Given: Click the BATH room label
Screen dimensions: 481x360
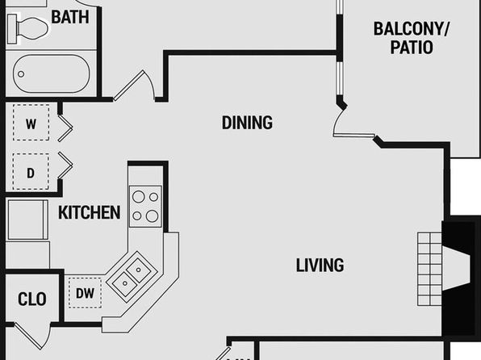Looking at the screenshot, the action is [x=70, y=17].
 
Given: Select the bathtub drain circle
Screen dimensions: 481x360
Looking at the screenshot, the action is [x=21, y=74].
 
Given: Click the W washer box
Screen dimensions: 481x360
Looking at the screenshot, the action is [x=31, y=123].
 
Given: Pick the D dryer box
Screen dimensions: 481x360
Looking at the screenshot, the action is [x=31, y=172].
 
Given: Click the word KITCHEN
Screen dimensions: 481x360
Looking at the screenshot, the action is [x=90, y=212].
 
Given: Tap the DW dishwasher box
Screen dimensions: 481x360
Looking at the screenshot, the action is [x=85, y=293].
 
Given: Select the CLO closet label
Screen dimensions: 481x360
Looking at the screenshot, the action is [x=32, y=299].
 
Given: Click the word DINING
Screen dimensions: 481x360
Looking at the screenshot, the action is [x=247, y=123].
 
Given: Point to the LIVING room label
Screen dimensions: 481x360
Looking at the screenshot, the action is [x=320, y=266].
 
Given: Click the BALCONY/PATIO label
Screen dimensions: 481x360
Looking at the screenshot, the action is [x=412, y=38].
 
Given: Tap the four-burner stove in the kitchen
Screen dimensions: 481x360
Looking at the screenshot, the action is [x=145, y=207].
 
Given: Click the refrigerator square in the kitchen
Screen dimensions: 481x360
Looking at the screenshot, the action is [x=28, y=220].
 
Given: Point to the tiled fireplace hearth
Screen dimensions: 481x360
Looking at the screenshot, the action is [x=429, y=269].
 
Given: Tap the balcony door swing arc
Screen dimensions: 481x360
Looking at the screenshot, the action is [x=337, y=121].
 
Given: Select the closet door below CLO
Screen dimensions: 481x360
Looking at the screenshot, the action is [x=32, y=335].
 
